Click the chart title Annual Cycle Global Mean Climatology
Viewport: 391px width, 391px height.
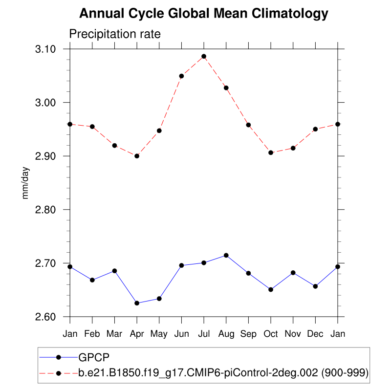coord(203,14)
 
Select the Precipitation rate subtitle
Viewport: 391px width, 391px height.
coord(115,34)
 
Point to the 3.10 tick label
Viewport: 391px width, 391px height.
coord(47,49)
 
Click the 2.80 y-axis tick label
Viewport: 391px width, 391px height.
coord(47,210)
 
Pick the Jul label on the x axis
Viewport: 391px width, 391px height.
coord(204,334)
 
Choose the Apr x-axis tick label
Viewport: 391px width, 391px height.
coord(137,334)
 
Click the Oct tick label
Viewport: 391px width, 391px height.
coord(271,334)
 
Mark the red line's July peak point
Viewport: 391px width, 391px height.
coord(204,56)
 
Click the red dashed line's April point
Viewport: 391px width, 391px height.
coord(137,156)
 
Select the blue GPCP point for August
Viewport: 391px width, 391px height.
coord(226,255)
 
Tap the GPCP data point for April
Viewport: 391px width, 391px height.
coord(137,303)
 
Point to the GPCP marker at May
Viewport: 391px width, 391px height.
coord(159,299)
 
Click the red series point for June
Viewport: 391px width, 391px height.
coord(181,76)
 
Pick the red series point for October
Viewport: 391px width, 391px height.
coord(271,152)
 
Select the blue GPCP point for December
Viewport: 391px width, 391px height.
coord(315,286)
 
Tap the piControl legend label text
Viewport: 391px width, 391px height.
coord(223,373)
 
